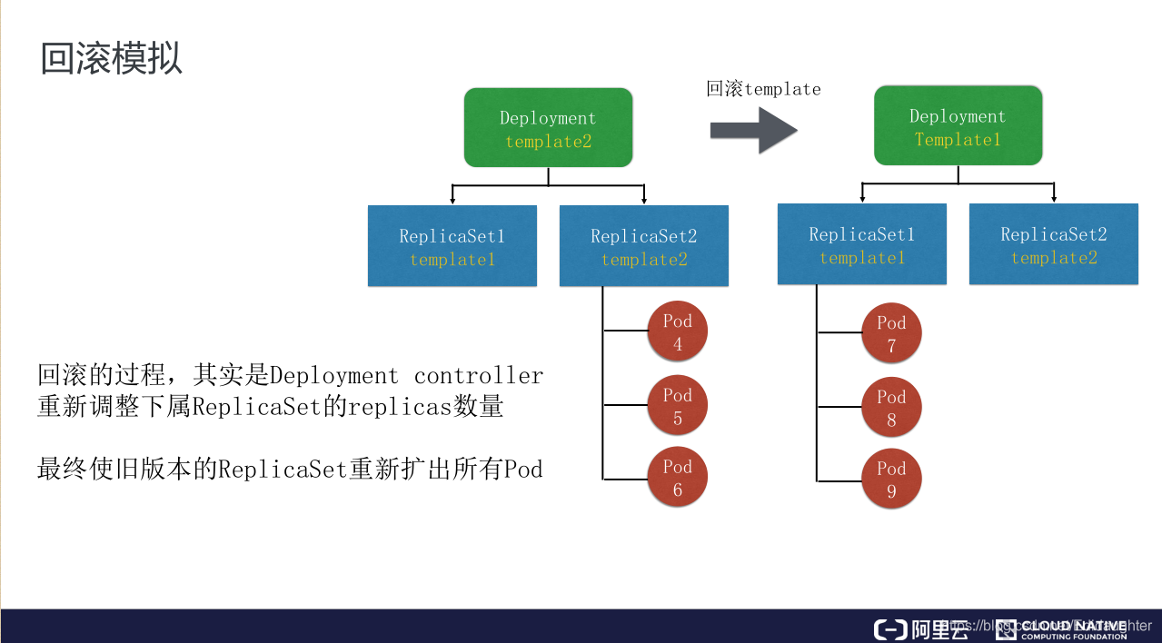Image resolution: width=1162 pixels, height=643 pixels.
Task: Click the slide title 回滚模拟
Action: (x=112, y=58)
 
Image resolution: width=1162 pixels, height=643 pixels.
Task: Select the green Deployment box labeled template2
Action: (x=548, y=127)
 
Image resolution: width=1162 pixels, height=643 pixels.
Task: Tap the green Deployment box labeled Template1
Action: (x=958, y=125)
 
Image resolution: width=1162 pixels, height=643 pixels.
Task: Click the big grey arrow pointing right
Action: (x=753, y=130)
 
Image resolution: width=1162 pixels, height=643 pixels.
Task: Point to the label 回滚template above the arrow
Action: (x=763, y=89)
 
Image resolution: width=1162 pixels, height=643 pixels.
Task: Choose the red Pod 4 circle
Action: (x=677, y=332)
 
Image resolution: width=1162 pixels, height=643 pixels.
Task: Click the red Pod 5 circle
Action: (x=677, y=406)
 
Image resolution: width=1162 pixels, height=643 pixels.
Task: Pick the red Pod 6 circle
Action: (x=677, y=478)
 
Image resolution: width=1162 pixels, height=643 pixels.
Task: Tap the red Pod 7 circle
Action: (x=891, y=333)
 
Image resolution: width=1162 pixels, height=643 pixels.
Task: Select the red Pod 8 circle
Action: (x=891, y=408)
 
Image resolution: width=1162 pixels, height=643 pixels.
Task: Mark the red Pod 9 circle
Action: (x=891, y=480)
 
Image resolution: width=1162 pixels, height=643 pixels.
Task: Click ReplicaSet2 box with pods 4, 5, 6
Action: (x=643, y=246)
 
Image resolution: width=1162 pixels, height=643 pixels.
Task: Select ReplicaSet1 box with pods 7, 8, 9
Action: (x=861, y=244)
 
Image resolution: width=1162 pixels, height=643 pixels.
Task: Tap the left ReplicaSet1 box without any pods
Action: (x=452, y=246)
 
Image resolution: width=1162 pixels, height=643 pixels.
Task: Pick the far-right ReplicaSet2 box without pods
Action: (x=1053, y=244)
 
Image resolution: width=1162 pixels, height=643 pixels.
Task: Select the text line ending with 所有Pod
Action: (x=290, y=469)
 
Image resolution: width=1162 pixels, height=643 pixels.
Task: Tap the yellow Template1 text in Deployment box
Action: (x=958, y=140)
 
